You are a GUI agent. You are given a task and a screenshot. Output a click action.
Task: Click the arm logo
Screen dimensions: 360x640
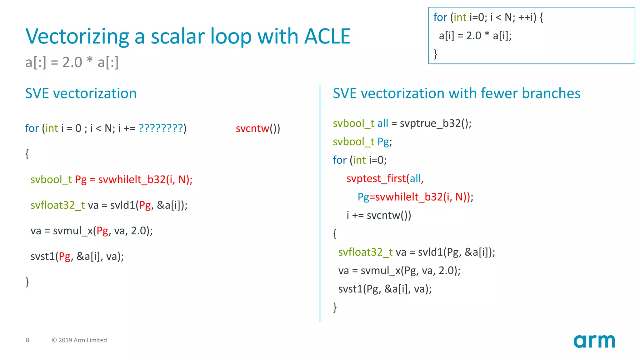(x=594, y=341)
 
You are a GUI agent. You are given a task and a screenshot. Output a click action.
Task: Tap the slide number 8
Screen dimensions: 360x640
(x=27, y=340)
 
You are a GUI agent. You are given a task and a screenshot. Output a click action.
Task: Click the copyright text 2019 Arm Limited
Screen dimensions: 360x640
(x=79, y=340)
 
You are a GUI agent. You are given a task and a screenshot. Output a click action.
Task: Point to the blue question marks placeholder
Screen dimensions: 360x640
(x=161, y=128)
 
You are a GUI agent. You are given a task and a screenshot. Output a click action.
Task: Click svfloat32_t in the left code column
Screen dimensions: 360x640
(x=57, y=205)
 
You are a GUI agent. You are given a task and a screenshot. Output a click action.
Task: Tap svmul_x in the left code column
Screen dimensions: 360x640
(x=73, y=231)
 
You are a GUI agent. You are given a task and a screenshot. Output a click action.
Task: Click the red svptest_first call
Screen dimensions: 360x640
(x=376, y=178)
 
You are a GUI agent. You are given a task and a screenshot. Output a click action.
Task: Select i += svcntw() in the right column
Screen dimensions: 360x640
(x=379, y=215)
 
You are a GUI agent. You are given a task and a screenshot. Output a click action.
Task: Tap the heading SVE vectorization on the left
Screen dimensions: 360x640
(x=81, y=93)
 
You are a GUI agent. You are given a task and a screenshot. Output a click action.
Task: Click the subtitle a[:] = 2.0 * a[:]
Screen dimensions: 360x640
(x=72, y=62)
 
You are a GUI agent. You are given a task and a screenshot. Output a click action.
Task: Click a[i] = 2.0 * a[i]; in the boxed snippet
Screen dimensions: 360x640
(x=475, y=36)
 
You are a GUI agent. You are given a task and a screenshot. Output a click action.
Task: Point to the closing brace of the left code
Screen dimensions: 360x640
(x=27, y=282)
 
